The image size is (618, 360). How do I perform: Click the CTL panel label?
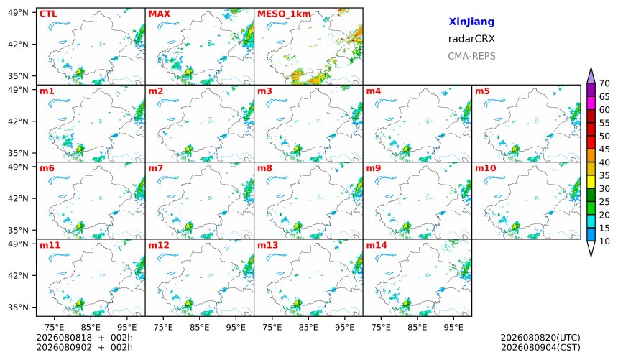(48, 14)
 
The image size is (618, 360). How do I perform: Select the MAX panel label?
(160, 14)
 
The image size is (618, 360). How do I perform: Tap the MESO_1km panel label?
(284, 14)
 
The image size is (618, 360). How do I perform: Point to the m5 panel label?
(482, 91)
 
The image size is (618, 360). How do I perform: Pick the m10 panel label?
(485, 168)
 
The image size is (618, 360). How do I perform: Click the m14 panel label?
(377, 245)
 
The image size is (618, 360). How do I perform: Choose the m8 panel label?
(264, 168)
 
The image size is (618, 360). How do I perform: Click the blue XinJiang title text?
(471, 22)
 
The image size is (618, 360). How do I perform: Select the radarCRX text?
(471, 39)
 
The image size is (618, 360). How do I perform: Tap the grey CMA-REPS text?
(471, 56)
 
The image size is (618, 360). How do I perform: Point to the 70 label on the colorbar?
(604, 83)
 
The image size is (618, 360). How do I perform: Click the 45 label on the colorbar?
(604, 149)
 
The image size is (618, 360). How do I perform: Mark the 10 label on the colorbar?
(604, 241)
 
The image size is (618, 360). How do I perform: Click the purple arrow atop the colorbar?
(591, 75)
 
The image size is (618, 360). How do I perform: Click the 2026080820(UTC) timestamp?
(540, 338)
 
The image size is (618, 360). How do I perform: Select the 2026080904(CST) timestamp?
(540, 347)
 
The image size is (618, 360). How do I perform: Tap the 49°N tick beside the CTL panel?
(18, 13)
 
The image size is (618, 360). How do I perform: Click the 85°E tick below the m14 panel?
(417, 327)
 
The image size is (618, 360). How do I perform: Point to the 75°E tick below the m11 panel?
(54, 327)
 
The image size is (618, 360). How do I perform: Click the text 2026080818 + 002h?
(84, 338)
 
